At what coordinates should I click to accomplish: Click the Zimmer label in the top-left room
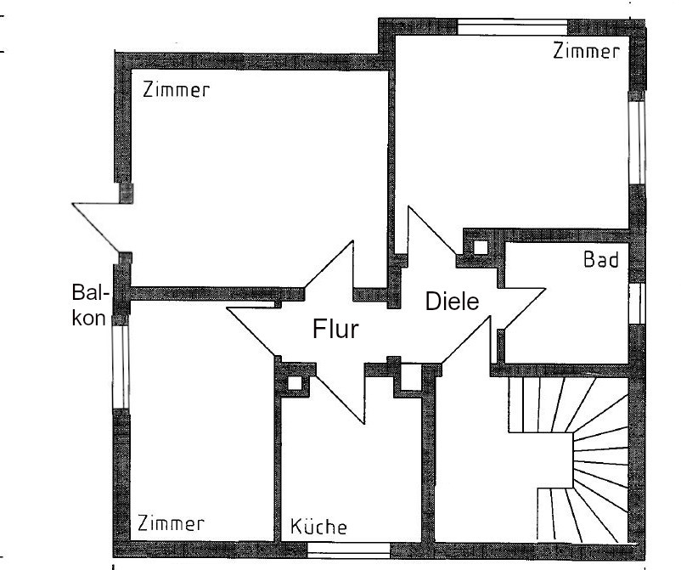(x=176, y=91)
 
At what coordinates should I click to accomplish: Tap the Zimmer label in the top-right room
(x=585, y=52)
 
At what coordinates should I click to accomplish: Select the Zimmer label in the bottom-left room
(x=172, y=522)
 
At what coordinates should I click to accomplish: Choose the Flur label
(x=337, y=329)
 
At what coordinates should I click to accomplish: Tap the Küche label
(x=318, y=527)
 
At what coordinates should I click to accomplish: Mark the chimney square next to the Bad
(x=481, y=248)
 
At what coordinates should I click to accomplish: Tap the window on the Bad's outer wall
(x=635, y=305)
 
